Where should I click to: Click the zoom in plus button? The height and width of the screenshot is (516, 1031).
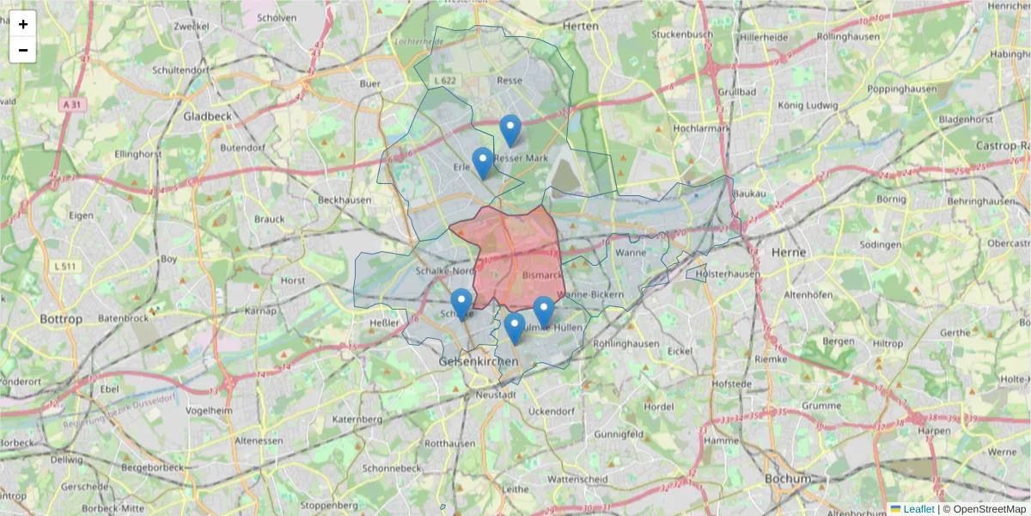click(22, 24)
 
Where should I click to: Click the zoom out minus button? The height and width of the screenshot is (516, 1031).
click(22, 50)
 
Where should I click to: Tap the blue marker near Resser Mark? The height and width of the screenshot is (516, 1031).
click(510, 132)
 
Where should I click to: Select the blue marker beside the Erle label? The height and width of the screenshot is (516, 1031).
click(483, 163)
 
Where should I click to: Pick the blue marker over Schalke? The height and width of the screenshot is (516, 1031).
click(461, 304)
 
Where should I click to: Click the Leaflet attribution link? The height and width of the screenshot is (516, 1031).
click(918, 509)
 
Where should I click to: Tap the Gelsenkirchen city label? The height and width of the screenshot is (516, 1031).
click(479, 361)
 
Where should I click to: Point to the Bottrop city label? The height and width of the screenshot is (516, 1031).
click(62, 319)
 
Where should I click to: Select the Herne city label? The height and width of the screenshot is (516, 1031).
click(789, 252)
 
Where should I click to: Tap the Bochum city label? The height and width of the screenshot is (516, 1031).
click(787, 478)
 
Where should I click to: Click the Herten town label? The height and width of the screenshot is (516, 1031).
click(580, 27)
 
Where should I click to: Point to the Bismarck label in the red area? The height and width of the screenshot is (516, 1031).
click(542, 275)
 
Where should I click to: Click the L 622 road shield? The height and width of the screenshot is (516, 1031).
click(445, 80)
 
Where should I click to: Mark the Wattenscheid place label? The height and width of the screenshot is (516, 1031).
click(577, 479)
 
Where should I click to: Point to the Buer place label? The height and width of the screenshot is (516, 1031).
click(370, 83)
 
